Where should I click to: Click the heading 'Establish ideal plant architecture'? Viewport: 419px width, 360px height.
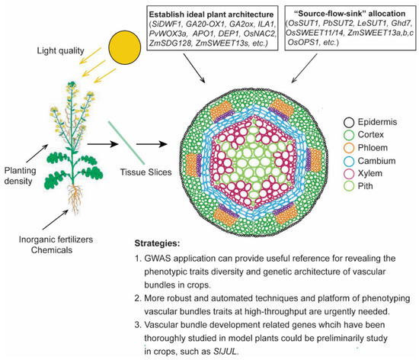[x=219, y=11]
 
